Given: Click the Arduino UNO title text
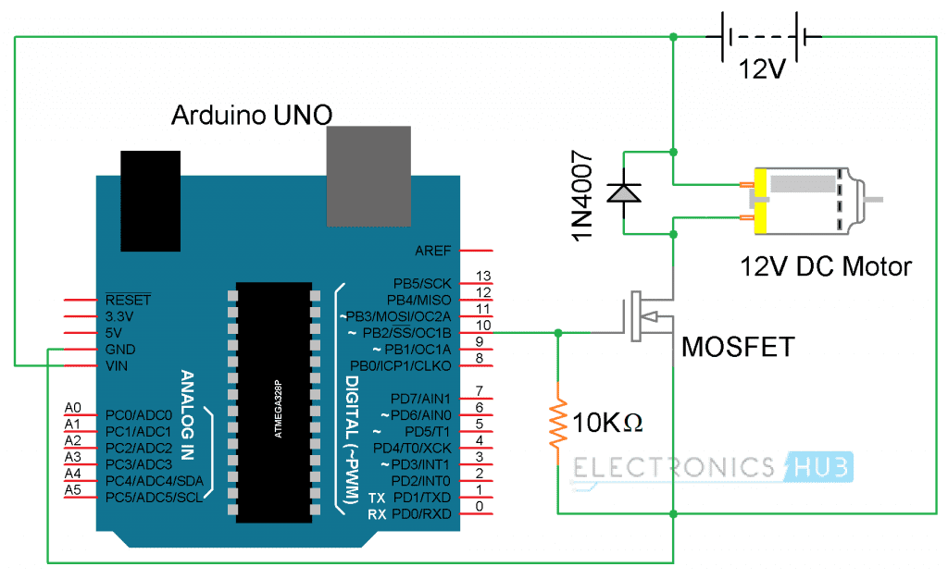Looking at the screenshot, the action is [x=252, y=116].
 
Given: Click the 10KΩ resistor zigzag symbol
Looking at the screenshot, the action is [x=557, y=423].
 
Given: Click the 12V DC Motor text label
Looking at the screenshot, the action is [x=826, y=267].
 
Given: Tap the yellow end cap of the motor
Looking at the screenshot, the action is [x=761, y=201].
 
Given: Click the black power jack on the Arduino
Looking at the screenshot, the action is [x=149, y=200].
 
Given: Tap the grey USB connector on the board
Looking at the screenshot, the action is [x=368, y=176].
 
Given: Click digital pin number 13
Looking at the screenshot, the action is [x=480, y=275].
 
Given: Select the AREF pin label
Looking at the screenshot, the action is [x=431, y=251].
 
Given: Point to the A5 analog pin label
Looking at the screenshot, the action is [x=73, y=490].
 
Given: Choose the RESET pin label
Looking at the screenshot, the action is [x=128, y=301].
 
